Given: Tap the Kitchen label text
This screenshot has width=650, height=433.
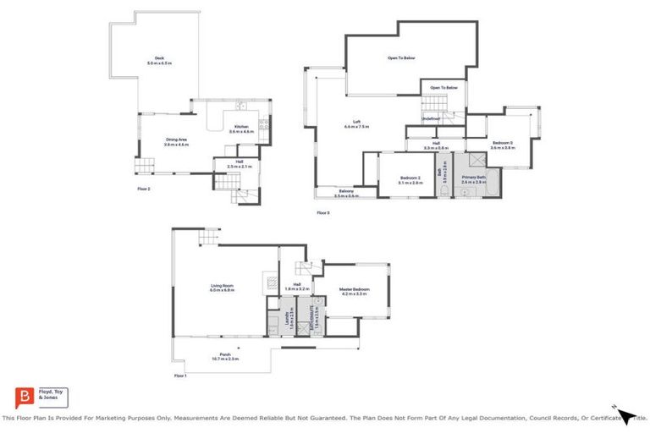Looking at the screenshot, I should click(243, 127).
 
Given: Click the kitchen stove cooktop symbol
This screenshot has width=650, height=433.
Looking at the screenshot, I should click(265, 128).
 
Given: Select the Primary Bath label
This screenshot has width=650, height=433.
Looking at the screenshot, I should click(473, 177).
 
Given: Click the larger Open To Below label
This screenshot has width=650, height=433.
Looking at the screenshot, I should click(401, 58).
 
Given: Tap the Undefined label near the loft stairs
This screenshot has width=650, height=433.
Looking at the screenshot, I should click(431, 118).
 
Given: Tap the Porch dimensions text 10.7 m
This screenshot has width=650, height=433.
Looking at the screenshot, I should click(224, 359).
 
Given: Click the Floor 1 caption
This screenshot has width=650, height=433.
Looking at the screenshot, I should click(179, 375).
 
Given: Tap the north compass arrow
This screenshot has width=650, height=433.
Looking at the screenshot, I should click(625, 414).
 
